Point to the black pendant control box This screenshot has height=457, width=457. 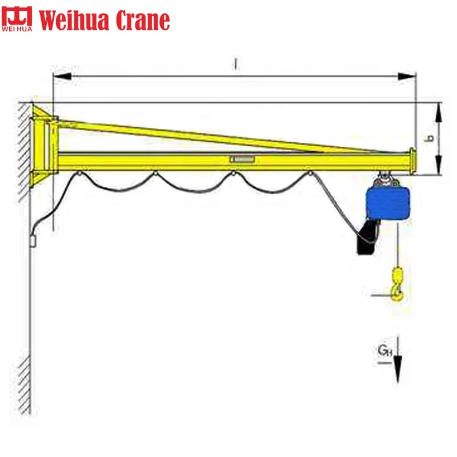point(366,239)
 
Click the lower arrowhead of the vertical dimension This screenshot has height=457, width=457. point(438,168)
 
